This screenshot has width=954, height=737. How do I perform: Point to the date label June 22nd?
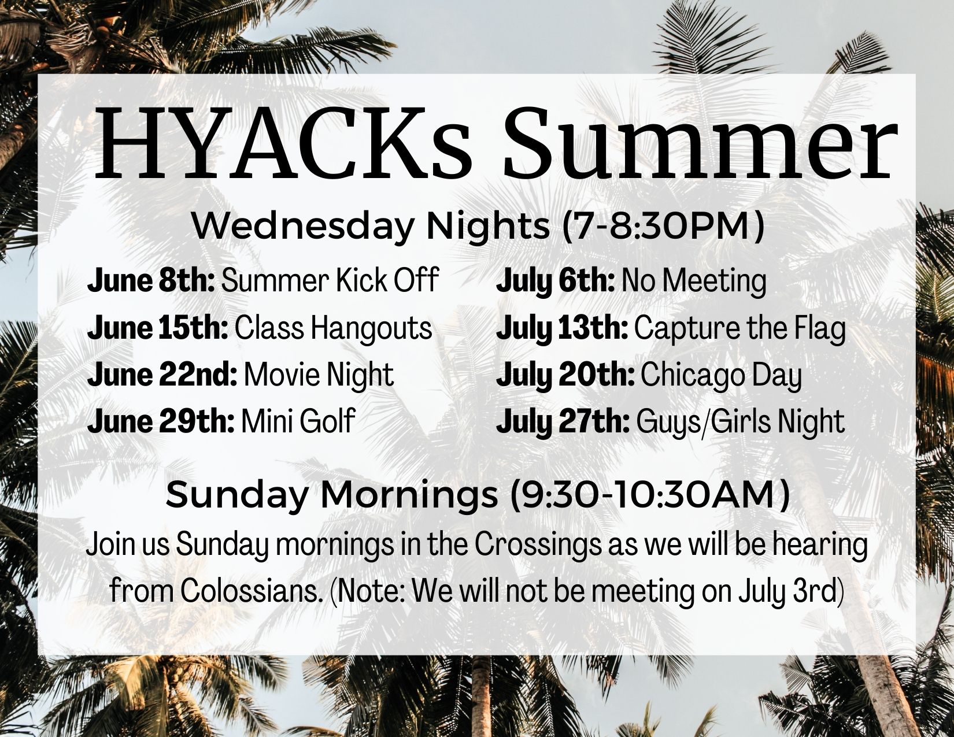tap(162, 375)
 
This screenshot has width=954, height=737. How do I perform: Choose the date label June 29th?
tap(161, 421)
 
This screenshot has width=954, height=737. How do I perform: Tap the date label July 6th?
tap(556, 281)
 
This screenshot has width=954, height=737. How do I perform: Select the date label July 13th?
tap(562, 329)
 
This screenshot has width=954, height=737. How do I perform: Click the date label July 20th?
tap(565, 376)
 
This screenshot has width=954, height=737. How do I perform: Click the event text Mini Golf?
tap(298, 421)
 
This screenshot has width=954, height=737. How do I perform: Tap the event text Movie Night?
tap(319, 376)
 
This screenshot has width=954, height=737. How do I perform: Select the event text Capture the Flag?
tap(739, 330)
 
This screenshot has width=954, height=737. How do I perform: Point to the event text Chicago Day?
tap(721, 377)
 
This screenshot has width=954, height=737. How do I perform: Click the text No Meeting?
tap(694, 282)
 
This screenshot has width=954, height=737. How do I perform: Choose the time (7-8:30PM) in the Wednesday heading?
tap(663, 227)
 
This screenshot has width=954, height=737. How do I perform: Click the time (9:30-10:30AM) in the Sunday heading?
tap(649, 495)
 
